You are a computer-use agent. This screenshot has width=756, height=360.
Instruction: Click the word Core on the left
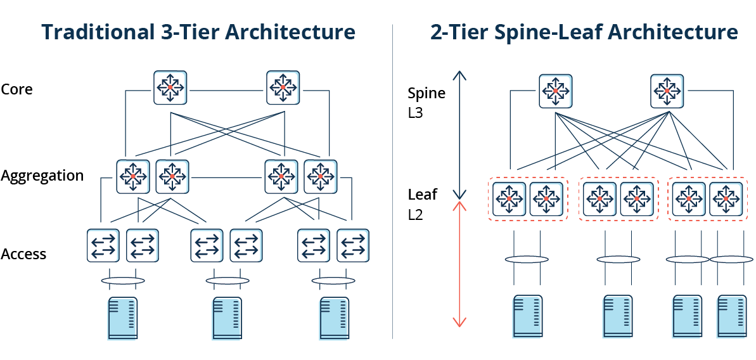(x=16, y=89)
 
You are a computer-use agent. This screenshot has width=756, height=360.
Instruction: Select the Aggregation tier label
(x=42, y=176)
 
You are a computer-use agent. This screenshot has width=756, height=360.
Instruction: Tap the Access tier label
(x=23, y=254)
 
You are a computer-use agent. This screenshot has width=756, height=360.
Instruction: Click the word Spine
(x=426, y=93)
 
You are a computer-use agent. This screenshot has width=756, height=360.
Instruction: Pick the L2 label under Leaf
(x=416, y=215)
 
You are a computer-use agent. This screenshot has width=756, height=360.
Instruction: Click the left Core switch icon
(x=170, y=87)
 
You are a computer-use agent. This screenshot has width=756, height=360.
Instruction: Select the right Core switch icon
(x=283, y=87)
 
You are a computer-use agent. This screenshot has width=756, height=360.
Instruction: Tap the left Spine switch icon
(x=555, y=91)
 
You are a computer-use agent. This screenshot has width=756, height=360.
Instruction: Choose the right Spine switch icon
(x=667, y=91)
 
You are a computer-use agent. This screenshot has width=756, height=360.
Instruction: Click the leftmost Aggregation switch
(x=133, y=176)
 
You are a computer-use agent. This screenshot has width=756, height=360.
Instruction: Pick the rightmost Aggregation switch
(x=321, y=176)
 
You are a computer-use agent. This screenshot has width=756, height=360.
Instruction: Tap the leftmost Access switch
(x=103, y=245)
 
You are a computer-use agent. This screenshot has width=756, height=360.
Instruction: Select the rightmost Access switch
(x=353, y=245)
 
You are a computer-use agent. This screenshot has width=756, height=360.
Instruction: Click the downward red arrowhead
(x=460, y=323)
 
